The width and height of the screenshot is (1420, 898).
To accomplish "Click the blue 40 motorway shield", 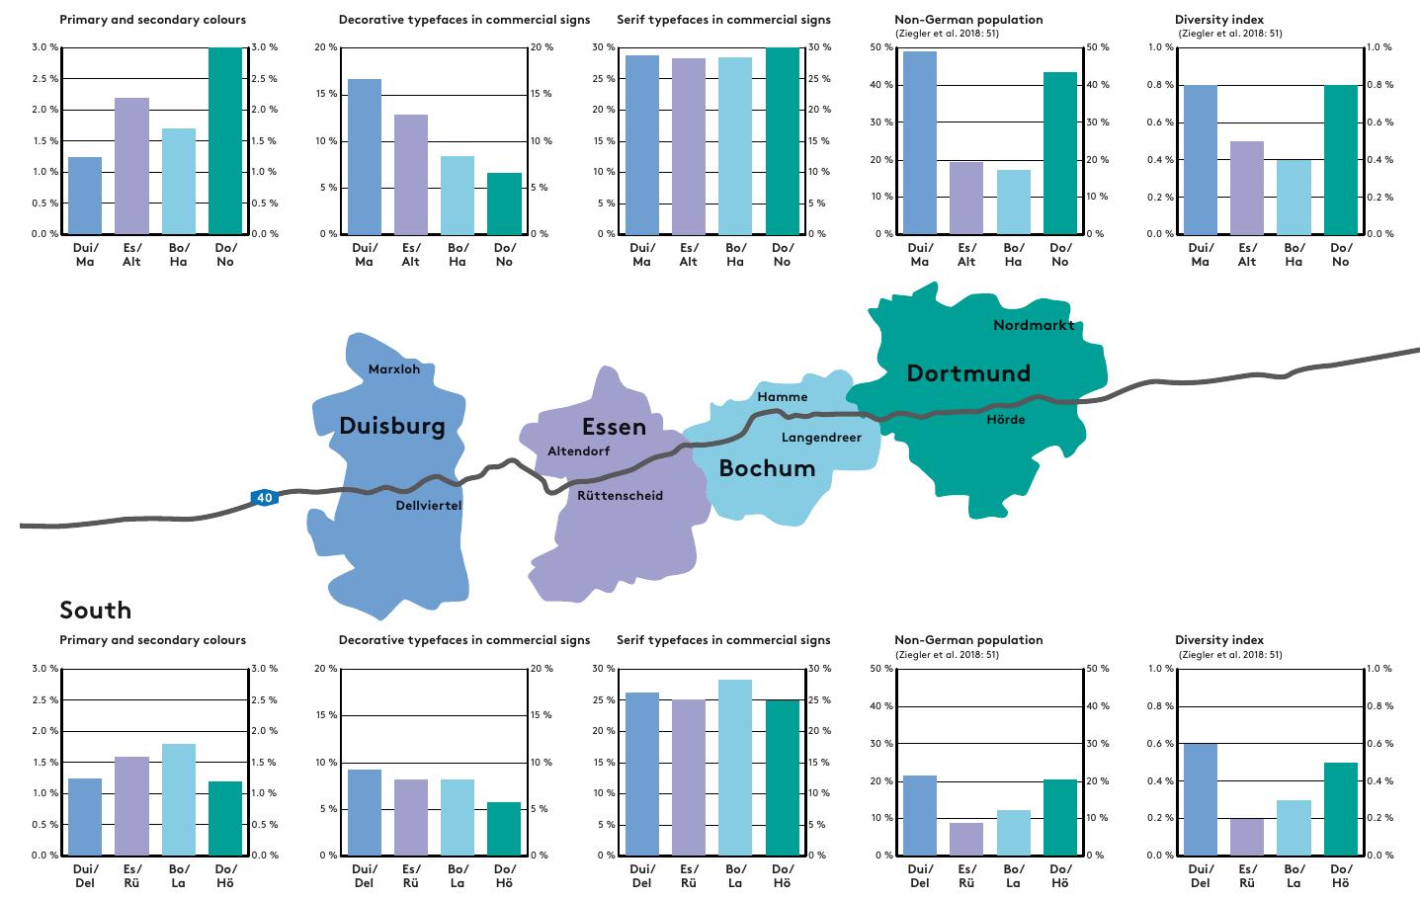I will pyautogui.click(x=264, y=498).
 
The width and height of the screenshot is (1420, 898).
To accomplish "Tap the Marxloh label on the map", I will pyautogui.click(x=394, y=369).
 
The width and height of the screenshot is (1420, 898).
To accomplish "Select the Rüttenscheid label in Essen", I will pyautogui.click(x=620, y=496).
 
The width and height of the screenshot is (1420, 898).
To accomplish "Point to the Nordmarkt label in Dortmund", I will pyautogui.click(x=1033, y=325).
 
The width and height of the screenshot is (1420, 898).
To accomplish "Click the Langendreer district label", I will pyautogui.click(x=821, y=438).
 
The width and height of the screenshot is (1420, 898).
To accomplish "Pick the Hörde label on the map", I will pyautogui.click(x=1005, y=420).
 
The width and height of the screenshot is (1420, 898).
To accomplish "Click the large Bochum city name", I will pyautogui.click(x=767, y=468).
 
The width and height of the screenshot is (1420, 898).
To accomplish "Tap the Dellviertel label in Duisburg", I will pyautogui.click(x=428, y=506).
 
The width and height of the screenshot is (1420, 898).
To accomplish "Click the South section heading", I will pyautogui.click(x=95, y=610).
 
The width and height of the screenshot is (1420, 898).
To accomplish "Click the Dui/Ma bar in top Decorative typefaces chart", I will pyautogui.click(x=365, y=157).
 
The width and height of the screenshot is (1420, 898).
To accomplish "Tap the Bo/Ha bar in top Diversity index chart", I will pyautogui.click(x=1294, y=197).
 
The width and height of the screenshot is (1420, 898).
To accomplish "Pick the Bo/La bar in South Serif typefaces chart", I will pyautogui.click(x=735, y=768).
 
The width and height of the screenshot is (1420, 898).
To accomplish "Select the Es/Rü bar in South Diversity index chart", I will pyautogui.click(x=1247, y=837).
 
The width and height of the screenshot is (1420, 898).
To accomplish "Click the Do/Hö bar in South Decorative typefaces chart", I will pyautogui.click(x=504, y=829).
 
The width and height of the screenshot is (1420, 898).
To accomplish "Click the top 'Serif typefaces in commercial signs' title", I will pyautogui.click(x=723, y=20).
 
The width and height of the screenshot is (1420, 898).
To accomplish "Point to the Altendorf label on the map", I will pyautogui.click(x=578, y=451).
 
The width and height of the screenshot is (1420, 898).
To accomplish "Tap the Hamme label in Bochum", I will pyautogui.click(x=782, y=397).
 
